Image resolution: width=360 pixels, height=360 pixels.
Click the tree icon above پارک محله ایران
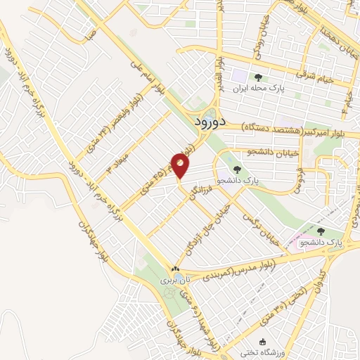(258, 77)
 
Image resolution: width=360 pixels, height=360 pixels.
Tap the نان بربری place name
(174, 280)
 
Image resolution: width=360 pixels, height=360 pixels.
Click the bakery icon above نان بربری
(174, 269)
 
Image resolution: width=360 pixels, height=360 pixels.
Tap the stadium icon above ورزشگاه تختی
(243, 341)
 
